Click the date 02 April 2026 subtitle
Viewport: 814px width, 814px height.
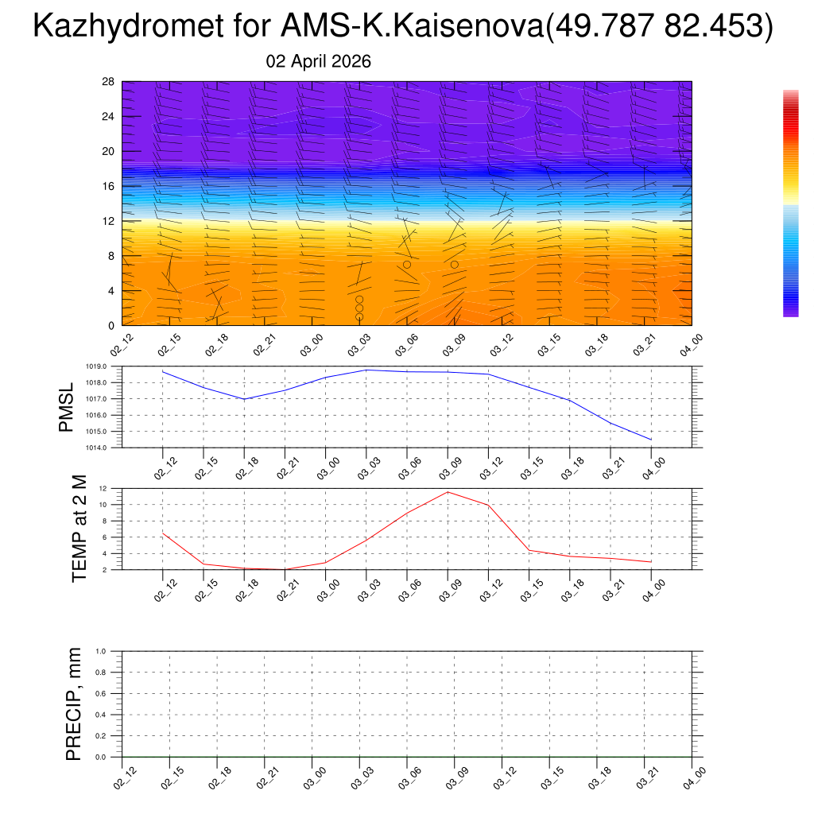point(318,62)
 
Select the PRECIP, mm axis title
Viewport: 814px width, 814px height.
point(73,704)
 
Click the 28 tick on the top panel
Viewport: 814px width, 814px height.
point(108,82)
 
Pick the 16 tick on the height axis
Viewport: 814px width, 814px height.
point(108,186)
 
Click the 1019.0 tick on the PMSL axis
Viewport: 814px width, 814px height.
point(105,366)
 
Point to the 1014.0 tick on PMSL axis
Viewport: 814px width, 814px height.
point(105,448)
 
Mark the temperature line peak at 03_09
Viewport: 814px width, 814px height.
point(448,492)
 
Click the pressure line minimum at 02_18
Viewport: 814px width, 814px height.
point(244,399)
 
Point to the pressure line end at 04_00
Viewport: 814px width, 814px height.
point(652,440)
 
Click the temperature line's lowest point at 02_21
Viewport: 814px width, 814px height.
point(285,569)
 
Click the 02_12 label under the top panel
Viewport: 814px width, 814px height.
point(122,347)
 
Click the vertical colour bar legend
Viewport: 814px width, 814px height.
point(790,203)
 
